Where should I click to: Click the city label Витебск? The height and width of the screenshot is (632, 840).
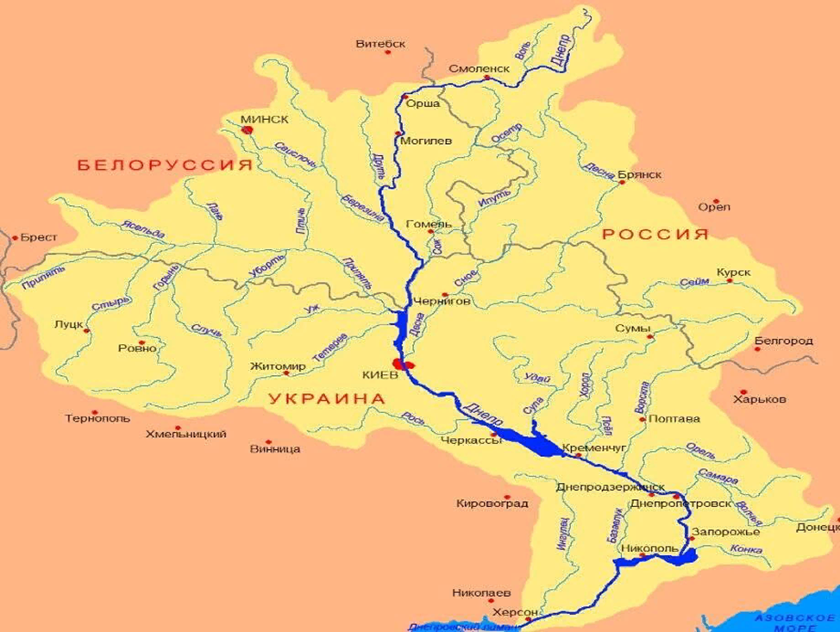380,43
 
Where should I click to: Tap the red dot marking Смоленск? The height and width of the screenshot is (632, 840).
487,78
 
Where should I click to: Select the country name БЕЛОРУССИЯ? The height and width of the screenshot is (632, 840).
165,165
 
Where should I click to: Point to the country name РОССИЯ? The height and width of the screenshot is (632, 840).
655,234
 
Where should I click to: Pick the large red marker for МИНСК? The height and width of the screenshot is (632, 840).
248,130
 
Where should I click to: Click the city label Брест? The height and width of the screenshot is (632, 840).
40,237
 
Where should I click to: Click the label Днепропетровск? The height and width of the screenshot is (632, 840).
680,503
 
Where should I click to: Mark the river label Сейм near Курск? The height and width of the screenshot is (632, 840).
694,283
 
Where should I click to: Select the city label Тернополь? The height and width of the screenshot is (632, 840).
97,418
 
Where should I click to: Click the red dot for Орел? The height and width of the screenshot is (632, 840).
715,197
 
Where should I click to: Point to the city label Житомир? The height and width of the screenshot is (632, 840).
278,366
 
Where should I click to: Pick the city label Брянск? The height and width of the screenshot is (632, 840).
640,175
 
